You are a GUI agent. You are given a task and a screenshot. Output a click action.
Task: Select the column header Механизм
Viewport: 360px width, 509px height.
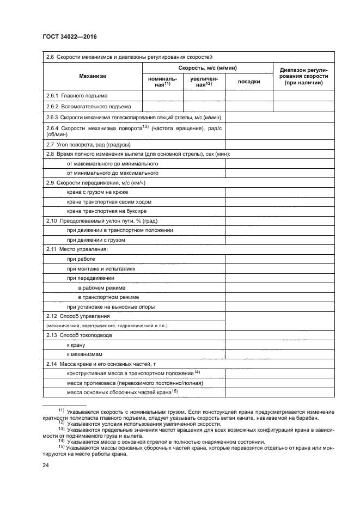(x=92, y=76)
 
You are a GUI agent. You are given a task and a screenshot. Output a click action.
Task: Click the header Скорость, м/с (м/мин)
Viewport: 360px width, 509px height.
(x=207, y=68)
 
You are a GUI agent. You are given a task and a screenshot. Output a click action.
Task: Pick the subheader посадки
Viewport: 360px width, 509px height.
(x=248, y=82)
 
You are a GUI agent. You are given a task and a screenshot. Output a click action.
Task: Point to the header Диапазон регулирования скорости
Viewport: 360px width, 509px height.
(x=303, y=76)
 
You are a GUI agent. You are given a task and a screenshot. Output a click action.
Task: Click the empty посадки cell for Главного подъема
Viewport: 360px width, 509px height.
(x=248, y=95)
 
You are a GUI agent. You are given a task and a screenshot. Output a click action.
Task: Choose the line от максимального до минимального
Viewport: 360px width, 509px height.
(x=112, y=163)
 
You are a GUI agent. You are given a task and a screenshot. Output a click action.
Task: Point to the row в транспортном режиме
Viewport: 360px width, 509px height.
(x=108, y=297)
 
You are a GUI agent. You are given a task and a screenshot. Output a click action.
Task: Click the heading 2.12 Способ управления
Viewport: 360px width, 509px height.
(x=78, y=316)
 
